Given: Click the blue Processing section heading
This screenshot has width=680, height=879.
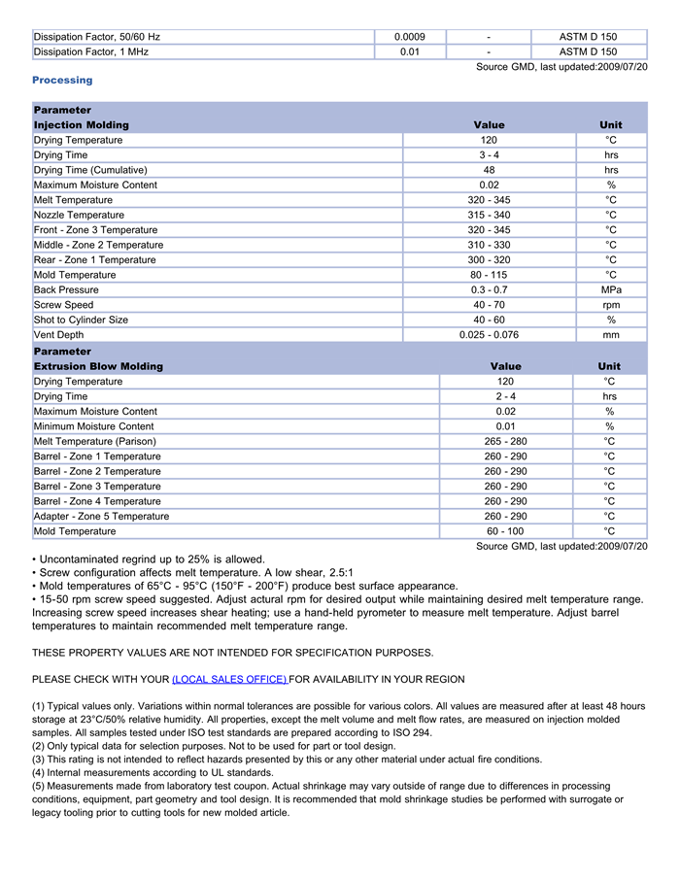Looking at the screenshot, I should pos(62,80).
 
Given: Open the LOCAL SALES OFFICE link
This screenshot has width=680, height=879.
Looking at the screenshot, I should pos(229,679).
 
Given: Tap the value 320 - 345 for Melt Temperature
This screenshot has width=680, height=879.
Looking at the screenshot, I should pos(489,200).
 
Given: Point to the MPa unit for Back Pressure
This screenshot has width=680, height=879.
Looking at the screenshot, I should pos(611,289).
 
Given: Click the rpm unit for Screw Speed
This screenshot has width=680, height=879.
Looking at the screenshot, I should pos(611,305).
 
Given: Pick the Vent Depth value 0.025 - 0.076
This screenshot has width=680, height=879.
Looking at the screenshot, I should pos(489,335).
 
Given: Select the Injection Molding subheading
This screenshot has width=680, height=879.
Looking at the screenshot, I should pos(81,125).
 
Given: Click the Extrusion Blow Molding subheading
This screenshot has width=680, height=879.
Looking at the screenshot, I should pos(98,366).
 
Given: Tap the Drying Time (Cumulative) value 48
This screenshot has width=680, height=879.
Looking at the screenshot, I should pos(489,170).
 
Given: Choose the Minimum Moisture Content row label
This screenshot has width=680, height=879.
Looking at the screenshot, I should pos(93,426).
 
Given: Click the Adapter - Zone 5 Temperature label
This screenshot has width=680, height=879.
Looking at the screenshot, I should pos(101,517).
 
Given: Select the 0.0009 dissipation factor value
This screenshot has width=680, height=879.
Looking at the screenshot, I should pos(410,37).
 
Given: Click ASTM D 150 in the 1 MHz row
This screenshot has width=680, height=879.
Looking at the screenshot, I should pos(588,51).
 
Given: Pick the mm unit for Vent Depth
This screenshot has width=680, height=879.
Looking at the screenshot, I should pos(611,335).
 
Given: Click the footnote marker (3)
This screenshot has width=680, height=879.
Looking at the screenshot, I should pos(40,760).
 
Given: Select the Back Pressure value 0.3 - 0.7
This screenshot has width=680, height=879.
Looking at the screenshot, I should pos(489,289).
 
